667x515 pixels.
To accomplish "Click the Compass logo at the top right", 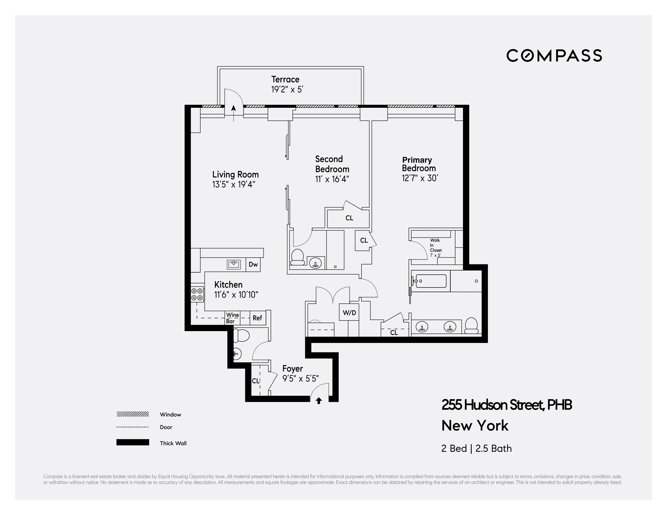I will [x=554, y=55].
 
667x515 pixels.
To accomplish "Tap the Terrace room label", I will [x=285, y=79].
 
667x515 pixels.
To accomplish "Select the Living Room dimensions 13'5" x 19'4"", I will [x=234, y=184].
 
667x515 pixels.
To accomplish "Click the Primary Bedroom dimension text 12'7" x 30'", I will [x=420, y=178].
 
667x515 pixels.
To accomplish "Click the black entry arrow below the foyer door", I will [x=319, y=401].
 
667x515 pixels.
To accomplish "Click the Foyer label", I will [x=292, y=369].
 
